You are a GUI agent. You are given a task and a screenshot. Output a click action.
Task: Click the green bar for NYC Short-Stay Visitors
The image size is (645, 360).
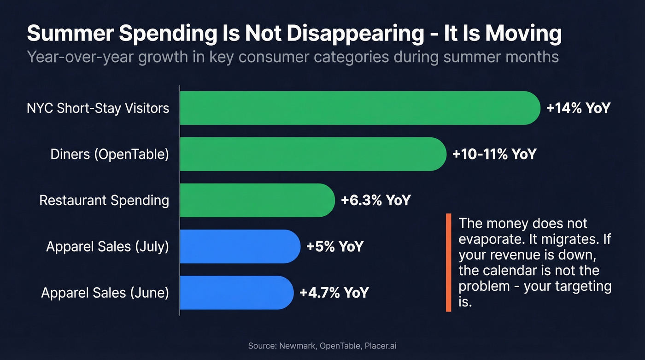click(x=359, y=108)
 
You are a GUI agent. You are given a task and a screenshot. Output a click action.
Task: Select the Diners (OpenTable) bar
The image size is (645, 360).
click(x=313, y=154)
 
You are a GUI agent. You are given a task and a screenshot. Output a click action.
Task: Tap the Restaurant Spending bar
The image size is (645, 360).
click(x=257, y=200)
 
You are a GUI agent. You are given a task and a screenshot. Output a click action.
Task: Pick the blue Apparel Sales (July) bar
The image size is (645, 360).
click(x=240, y=246)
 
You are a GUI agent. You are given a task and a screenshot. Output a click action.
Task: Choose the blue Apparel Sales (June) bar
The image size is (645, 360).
click(x=236, y=292)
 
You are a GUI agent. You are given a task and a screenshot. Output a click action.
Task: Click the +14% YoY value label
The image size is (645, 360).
click(x=578, y=108)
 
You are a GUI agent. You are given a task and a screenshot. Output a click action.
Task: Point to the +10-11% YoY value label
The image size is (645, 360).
click(x=494, y=154)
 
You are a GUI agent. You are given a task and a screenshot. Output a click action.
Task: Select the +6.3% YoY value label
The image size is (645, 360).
click(x=375, y=200)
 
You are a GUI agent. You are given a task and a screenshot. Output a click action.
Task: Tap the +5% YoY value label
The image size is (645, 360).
click(x=335, y=246)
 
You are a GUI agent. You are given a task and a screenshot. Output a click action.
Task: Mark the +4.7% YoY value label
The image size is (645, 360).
click(x=334, y=292)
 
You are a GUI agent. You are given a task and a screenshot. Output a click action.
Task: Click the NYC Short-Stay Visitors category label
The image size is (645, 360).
click(x=98, y=108)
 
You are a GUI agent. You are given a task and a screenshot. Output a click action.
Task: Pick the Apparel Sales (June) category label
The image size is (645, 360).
click(x=105, y=292)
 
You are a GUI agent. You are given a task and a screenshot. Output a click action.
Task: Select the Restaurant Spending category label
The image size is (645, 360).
click(x=104, y=200)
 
